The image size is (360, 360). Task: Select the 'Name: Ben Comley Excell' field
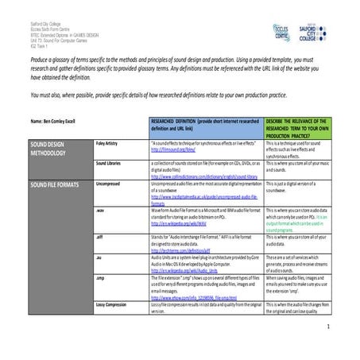point(49,121)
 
